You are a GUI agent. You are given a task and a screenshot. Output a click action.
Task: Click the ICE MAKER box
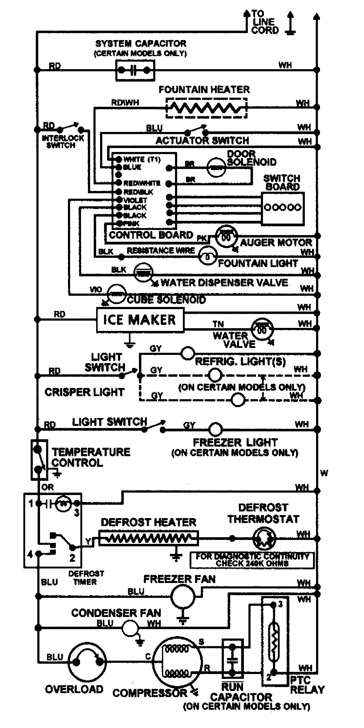(x=140, y=320)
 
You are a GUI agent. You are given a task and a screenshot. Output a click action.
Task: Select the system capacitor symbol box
(x=135, y=70)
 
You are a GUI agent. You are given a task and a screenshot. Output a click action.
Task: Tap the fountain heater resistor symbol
(x=206, y=107)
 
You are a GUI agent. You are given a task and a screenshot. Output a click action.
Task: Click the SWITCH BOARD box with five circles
(x=283, y=208)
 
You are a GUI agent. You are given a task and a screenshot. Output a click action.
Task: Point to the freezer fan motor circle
(x=183, y=596)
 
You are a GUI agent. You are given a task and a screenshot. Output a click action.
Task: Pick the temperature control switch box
(x=39, y=460)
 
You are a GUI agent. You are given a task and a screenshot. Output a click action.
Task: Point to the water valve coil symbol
(x=262, y=328)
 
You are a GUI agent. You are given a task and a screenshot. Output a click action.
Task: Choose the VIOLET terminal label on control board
(x=135, y=200)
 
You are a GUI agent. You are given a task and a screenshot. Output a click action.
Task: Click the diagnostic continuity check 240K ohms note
(x=252, y=560)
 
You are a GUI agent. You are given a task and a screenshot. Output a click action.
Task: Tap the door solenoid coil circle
(x=217, y=167)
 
